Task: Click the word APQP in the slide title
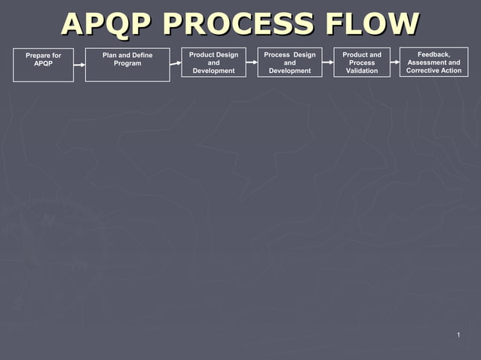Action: tap(106, 24)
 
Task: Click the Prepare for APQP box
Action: tap(43, 64)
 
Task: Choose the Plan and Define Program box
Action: tap(127, 64)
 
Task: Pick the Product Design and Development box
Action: tap(213, 63)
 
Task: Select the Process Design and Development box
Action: tap(290, 63)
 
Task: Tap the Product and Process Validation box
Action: tap(362, 63)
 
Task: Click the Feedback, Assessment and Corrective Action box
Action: tap(434, 63)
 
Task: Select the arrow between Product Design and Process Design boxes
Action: tap(252, 63)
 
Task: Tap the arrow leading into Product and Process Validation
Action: tap(328, 63)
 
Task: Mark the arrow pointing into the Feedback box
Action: tap(395, 63)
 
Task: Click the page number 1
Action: tap(458, 334)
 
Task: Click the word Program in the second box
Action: tap(127, 63)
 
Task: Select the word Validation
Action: tap(362, 71)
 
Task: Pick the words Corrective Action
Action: tap(434, 71)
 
